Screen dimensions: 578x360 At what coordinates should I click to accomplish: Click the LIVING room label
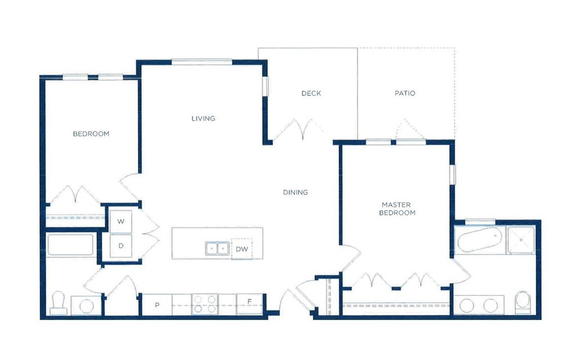pyautogui.click(x=203, y=119)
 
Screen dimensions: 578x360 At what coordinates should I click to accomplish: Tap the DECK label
pyautogui.click(x=311, y=93)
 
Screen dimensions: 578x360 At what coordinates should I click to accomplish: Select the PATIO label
pyautogui.click(x=405, y=93)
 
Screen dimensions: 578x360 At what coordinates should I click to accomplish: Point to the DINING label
pyautogui.click(x=295, y=192)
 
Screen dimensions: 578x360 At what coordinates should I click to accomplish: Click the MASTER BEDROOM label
pyautogui.click(x=397, y=209)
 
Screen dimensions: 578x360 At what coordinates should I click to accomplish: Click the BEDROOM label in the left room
pyautogui.click(x=91, y=134)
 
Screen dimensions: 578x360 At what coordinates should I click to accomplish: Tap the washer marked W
pyautogui.click(x=121, y=222)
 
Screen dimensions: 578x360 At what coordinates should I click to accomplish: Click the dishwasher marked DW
pyautogui.click(x=242, y=249)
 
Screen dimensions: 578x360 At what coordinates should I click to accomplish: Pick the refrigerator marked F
pyautogui.click(x=249, y=304)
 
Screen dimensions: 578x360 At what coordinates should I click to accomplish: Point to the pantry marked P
pyautogui.click(x=157, y=305)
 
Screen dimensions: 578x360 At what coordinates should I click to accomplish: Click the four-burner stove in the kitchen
pyautogui.click(x=205, y=304)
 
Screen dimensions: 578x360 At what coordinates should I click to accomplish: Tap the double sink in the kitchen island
pyautogui.click(x=217, y=249)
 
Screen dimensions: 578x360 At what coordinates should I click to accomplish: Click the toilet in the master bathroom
pyautogui.click(x=522, y=303)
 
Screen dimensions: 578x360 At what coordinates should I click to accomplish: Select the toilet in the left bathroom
pyautogui.click(x=59, y=303)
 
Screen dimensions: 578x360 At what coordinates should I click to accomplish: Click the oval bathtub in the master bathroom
pyautogui.click(x=479, y=240)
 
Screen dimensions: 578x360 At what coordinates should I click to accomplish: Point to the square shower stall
pyautogui.click(x=521, y=240)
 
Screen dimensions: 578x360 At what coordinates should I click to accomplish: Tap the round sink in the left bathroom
pyautogui.click(x=87, y=306)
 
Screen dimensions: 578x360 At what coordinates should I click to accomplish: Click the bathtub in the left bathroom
pyautogui.click(x=70, y=245)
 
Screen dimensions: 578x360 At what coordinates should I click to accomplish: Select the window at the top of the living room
pyautogui.click(x=202, y=62)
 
